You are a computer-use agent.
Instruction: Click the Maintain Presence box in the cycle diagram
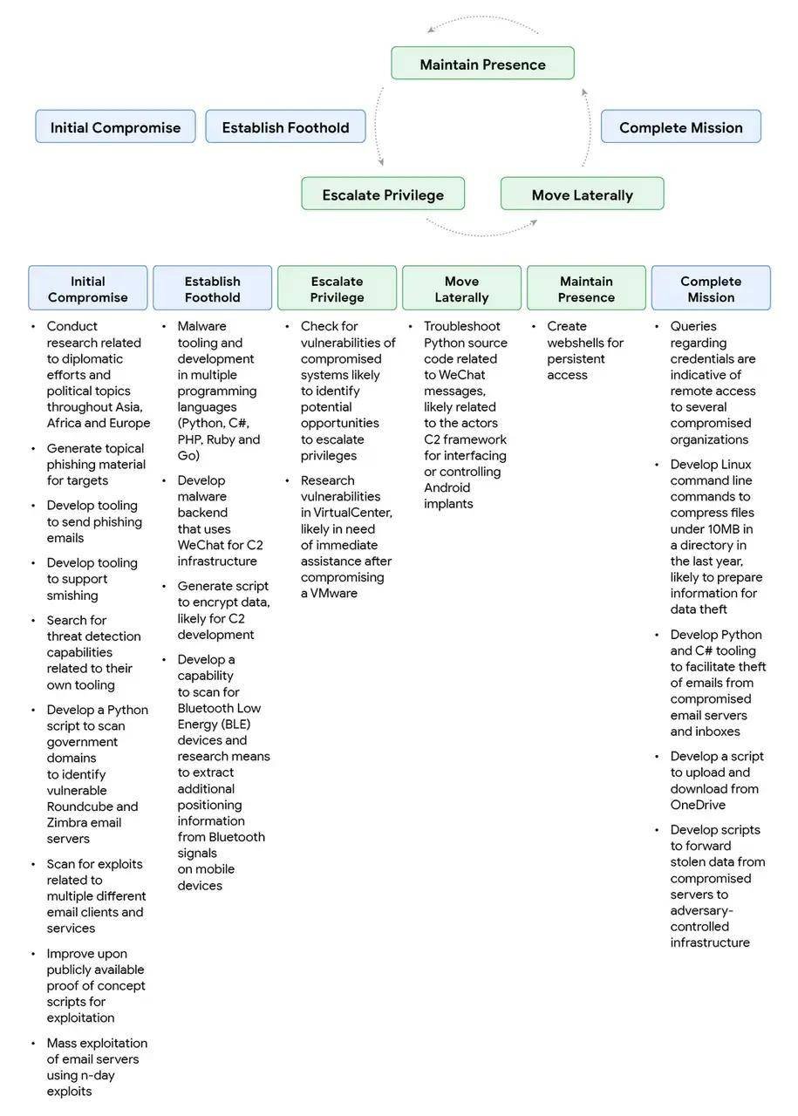click(482, 64)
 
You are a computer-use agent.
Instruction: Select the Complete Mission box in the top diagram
click(680, 127)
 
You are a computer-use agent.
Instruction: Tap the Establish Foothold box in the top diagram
click(285, 127)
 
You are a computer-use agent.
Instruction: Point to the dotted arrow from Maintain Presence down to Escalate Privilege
click(379, 126)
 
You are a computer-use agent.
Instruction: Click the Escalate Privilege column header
click(337, 289)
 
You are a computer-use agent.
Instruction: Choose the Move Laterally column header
click(461, 289)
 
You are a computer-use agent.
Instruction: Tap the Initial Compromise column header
click(87, 289)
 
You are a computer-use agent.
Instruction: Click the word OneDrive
click(698, 805)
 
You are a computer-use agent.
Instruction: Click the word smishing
click(72, 595)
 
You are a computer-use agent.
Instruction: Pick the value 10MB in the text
click(736, 528)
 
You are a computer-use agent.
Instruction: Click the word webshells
click(585, 343)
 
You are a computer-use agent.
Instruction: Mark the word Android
click(447, 487)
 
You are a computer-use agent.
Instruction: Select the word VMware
click(335, 593)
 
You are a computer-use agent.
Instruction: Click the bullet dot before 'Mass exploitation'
click(33, 1043)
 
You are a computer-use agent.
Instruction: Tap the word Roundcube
click(79, 806)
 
